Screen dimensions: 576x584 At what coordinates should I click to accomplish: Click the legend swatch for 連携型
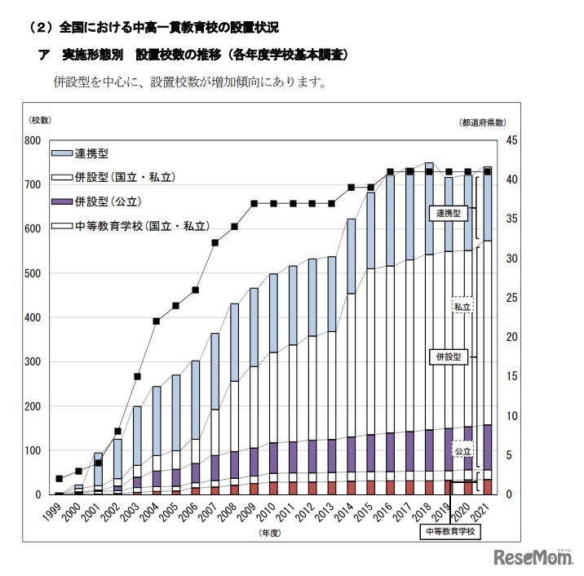[61, 153]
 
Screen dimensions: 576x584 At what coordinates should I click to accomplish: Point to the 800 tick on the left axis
[33, 140]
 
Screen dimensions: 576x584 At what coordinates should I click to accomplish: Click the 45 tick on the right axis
[512, 140]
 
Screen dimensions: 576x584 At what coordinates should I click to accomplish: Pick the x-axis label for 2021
[483, 512]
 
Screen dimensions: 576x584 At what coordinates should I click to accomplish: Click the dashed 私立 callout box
[463, 306]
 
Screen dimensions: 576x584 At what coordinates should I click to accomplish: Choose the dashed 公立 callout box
[463, 450]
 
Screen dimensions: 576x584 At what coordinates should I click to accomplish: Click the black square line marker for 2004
[157, 321]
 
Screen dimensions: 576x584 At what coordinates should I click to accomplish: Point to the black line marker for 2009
[254, 203]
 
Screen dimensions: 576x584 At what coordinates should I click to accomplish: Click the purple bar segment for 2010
[273, 457]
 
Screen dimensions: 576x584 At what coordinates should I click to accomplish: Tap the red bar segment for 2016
[390, 487]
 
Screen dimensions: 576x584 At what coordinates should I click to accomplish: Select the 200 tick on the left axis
[33, 406]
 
